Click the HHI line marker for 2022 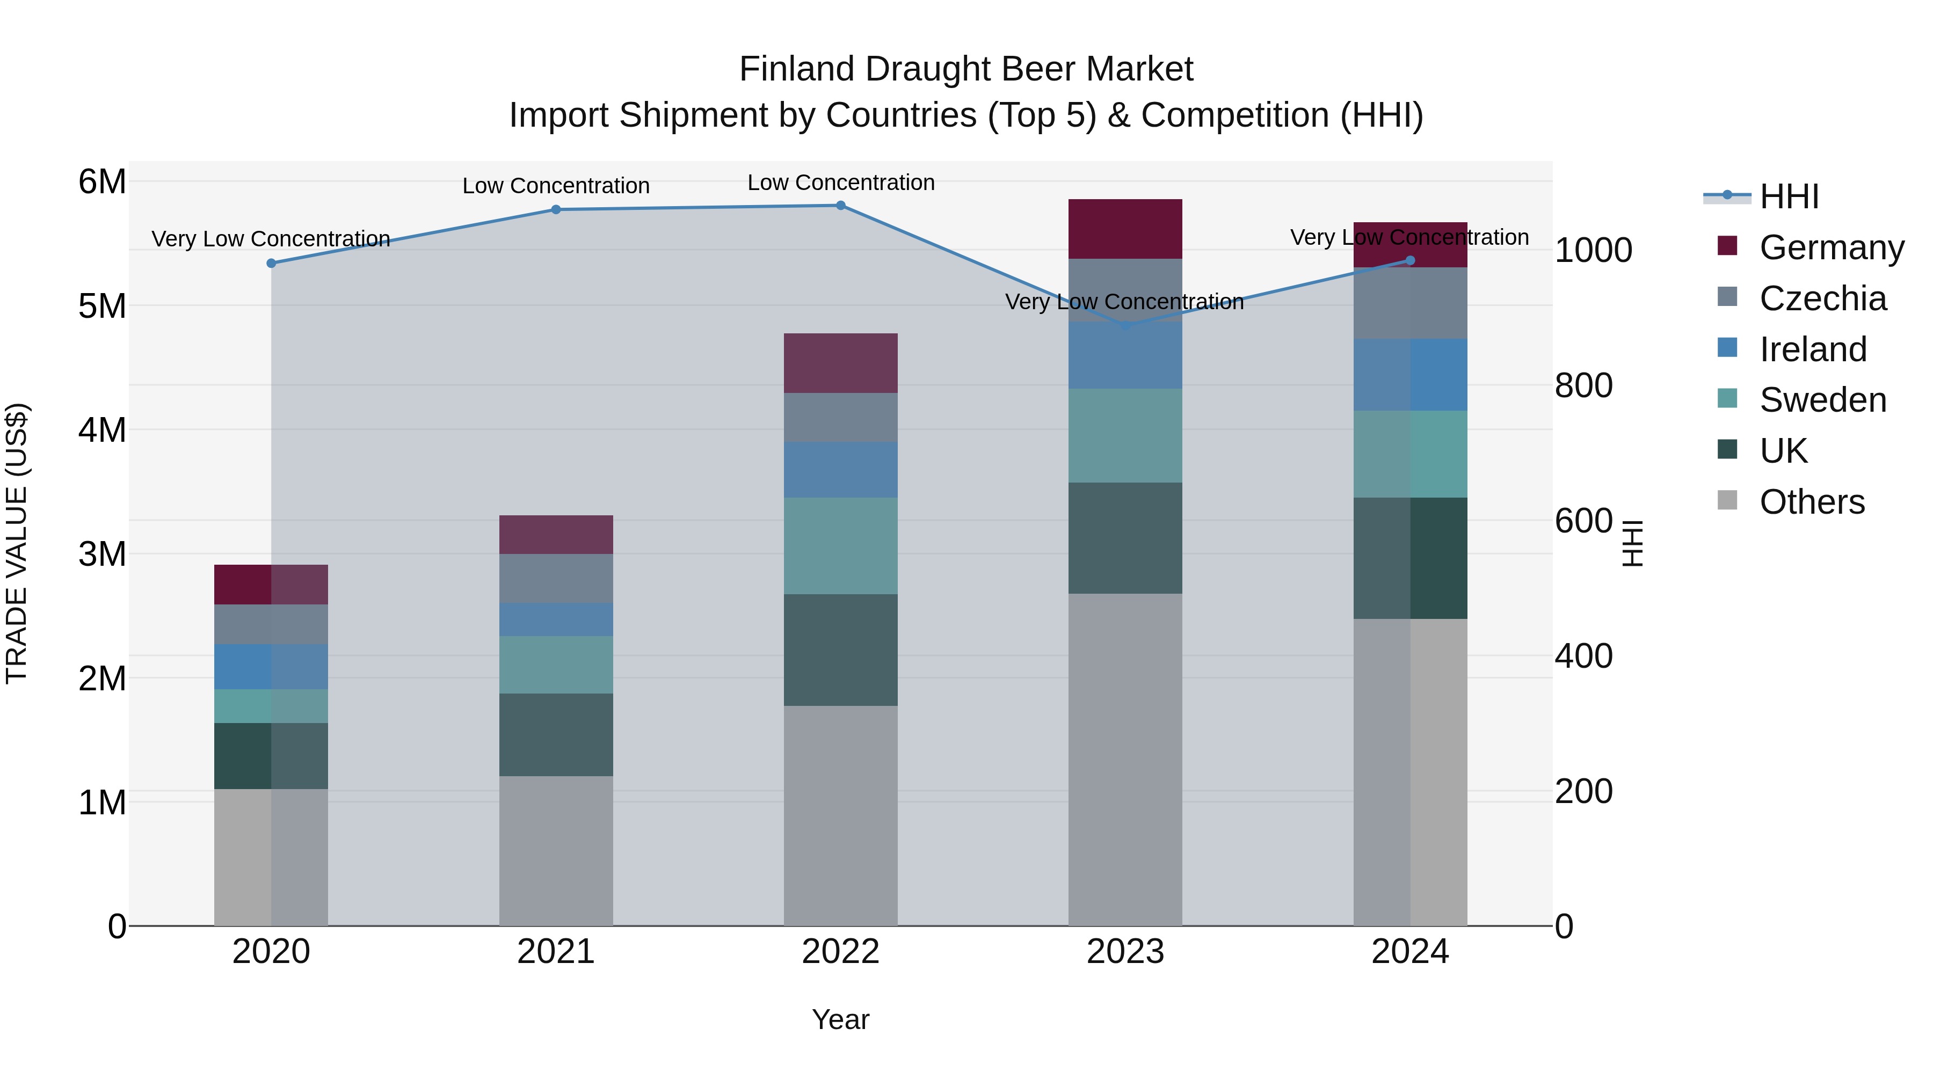[840, 206]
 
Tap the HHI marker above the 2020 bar [272, 264]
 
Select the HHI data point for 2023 [1125, 326]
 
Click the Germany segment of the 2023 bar [1125, 229]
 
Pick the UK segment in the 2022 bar [840, 650]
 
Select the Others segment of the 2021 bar [556, 851]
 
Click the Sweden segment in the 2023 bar [1125, 435]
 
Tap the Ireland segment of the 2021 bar [556, 619]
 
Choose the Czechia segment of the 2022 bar [840, 417]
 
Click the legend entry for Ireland [1812, 349]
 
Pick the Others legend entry [1812, 502]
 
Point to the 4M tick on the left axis [102, 431]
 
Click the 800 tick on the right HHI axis [1583, 385]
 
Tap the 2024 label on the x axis [1409, 952]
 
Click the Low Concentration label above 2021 [556, 186]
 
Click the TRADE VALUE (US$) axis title [17, 543]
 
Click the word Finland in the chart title [796, 70]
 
